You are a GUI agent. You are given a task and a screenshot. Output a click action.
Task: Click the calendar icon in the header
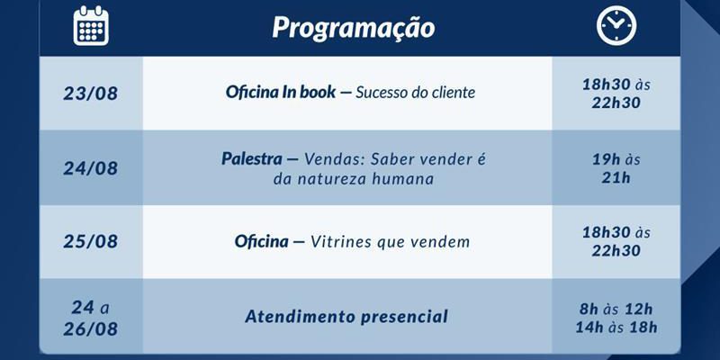pyautogui.click(x=91, y=26)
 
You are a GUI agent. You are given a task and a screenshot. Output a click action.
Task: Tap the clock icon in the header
pyautogui.click(x=616, y=26)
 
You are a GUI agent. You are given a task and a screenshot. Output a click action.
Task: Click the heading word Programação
pyautogui.click(x=354, y=28)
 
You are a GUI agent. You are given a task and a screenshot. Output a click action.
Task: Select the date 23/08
pyautogui.click(x=91, y=94)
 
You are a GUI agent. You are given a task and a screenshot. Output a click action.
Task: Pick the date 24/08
pyautogui.click(x=91, y=168)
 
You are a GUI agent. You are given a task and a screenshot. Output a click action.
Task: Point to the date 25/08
pyautogui.click(x=91, y=241)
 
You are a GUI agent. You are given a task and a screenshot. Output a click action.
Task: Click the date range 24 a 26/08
pyautogui.click(x=91, y=318)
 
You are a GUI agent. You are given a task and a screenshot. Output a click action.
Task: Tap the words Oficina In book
pyautogui.click(x=281, y=93)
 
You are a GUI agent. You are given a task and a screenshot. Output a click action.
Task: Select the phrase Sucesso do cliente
pyautogui.click(x=415, y=93)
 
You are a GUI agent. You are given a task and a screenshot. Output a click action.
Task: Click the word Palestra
pyautogui.click(x=252, y=159)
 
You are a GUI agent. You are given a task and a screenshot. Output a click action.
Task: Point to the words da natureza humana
pyautogui.click(x=354, y=178)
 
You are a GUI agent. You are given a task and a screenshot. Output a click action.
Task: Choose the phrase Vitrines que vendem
pyautogui.click(x=391, y=241)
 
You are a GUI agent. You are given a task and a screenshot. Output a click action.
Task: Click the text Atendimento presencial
pyautogui.click(x=346, y=317)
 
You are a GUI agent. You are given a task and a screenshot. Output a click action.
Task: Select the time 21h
pyautogui.click(x=616, y=177)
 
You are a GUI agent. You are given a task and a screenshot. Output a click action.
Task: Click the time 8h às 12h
pyautogui.click(x=616, y=309)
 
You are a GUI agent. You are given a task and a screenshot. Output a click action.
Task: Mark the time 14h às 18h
pyautogui.click(x=616, y=327)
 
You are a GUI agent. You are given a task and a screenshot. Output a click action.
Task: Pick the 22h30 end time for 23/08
pyautogui.click(x=616, y=103)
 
